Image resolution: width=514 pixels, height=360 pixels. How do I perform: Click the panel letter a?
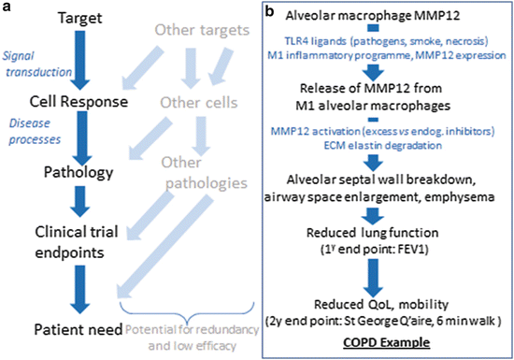(7, 9)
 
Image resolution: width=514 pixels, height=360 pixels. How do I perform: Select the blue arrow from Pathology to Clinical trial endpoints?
(77, 199)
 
